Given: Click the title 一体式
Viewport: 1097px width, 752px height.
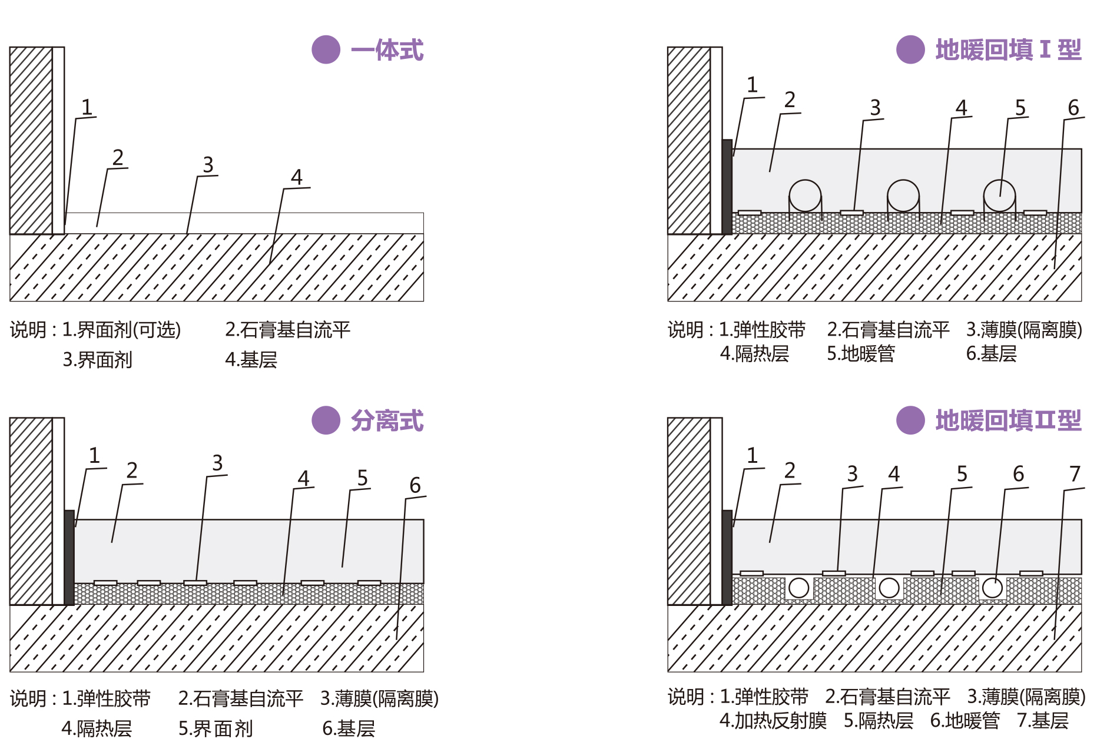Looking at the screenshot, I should (x=387, y=50).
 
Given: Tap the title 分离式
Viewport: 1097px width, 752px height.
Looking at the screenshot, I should (x=387, y=420).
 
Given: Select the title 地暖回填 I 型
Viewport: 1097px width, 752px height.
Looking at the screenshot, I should (x=1008, y=50).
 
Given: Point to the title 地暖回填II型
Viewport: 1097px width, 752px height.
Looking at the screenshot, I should (x=1008, y=420).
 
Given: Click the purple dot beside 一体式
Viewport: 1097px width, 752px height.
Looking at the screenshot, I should (x=326, y=49).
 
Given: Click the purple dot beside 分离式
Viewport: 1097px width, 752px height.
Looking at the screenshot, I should (x=326, y=420).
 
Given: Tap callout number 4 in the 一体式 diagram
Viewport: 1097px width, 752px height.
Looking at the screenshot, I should (x=297, y=177).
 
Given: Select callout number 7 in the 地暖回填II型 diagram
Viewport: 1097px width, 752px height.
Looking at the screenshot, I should (x=1075, y=473).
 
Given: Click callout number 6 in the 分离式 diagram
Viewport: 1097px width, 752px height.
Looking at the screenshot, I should (x=415, y=485).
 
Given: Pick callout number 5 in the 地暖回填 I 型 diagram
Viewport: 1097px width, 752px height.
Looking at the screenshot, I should (x=1020, y=108).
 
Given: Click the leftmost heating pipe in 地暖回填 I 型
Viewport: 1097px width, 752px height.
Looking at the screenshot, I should (x=805, y=196).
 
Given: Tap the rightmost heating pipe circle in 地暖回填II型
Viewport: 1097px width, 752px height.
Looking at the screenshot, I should (x=992, y=588).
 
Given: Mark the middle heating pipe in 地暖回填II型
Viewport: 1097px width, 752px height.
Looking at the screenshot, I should (x=889, y=588).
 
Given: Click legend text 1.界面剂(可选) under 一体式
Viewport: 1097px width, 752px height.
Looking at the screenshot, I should (x=121, y=330).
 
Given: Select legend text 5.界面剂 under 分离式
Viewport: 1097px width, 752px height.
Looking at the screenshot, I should (x=216, y=729).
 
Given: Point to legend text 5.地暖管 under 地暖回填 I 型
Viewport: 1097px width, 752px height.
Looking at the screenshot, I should (x=861, y=353).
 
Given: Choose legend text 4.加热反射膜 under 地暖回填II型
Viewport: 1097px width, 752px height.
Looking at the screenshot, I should (x=773, y=720).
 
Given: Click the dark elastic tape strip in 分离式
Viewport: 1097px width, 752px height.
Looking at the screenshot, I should (x=69, y=557).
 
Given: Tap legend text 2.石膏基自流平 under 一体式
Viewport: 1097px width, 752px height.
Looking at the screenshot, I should (x=287, y=330).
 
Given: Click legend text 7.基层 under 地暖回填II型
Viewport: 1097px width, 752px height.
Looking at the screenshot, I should (x=1043, y=720).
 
